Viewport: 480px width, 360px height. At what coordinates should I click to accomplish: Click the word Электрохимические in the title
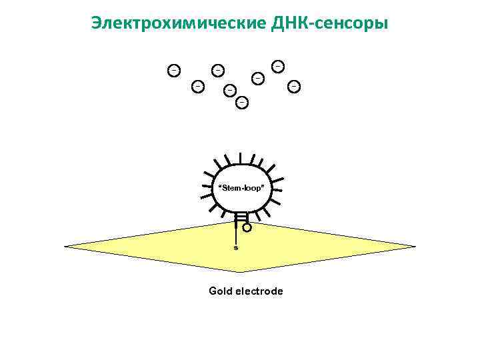coord(179,24)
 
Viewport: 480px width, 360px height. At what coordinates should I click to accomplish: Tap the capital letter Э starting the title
coord(97,24)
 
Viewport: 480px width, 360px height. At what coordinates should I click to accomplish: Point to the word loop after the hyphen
coord(253,188)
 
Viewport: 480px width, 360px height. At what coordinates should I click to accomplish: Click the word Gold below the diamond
coord(220,291)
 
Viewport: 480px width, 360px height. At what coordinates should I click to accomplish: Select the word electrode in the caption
coord(259,291)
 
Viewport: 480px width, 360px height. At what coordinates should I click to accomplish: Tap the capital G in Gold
coord(213,291)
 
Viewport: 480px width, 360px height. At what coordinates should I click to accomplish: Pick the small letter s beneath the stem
coord(235,247)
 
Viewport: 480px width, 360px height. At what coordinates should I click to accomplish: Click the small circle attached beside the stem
coord(247,227)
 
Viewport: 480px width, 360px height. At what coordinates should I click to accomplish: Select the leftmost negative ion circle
coord(173,69)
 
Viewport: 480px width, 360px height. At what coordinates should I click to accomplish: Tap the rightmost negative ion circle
coord(293,85)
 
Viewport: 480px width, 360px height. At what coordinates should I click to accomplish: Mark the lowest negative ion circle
coord(242,102)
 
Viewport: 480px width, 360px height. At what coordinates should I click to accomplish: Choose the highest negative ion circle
coord(277,65)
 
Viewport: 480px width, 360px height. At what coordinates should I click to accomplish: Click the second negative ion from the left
coord(197,86)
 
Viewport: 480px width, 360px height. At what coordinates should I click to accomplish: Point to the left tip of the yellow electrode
coord(67,246)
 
